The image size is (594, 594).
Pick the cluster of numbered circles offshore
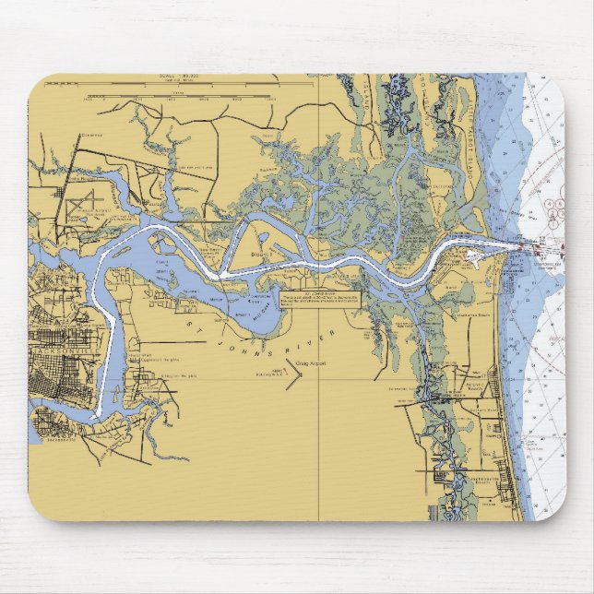554,211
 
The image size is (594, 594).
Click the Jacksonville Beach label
481,479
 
